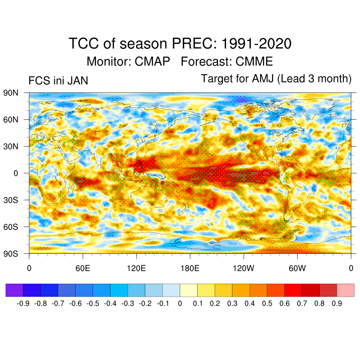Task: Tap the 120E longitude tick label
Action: point(136,269)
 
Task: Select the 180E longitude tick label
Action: point(190,269)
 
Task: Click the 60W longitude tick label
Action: point(297,269)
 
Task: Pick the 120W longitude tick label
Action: point(243,269)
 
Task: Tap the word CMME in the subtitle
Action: point(254,62)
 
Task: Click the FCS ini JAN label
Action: point(58,81)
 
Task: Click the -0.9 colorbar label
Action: point(24,303)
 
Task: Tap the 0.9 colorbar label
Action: point(337,303)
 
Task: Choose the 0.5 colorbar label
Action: point(267,303)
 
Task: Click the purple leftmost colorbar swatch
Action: point(14,290)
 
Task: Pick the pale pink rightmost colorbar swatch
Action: point(345,290)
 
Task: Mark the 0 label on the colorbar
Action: point(180,303)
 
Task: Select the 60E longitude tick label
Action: point(83,269)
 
